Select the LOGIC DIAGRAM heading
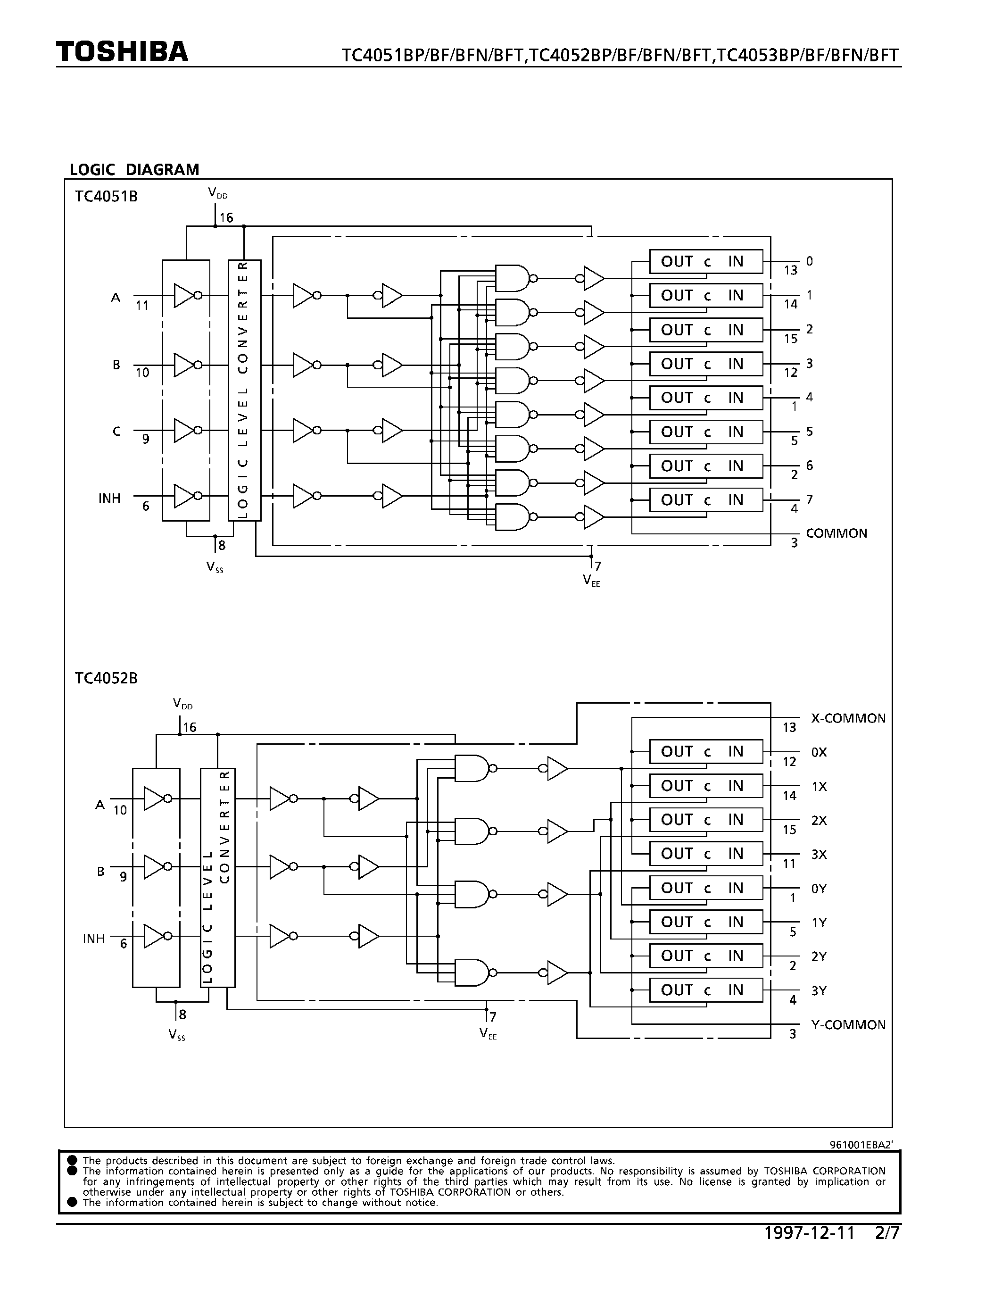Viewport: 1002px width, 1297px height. (134, 170)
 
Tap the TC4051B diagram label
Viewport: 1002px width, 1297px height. (106, 197)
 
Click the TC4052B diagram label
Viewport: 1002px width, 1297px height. (106, 678)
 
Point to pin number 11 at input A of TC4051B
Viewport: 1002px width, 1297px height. (142, 306)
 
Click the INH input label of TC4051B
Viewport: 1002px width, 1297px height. (109, 498)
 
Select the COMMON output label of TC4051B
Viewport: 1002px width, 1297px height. (836, 533)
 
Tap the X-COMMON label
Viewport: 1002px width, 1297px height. (848, 719)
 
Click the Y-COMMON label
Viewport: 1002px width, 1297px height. (848, 1025)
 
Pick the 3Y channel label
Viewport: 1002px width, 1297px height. (819, 990)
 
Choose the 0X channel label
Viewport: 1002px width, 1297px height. (819, 752)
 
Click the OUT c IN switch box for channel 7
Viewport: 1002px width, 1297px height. (705, 500)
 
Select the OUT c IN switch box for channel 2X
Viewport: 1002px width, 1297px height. (705, 820)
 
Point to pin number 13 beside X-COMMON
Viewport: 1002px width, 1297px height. (789, 727)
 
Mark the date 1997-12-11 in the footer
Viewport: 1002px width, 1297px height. (809, 1233)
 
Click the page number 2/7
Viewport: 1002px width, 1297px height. (887, 1233)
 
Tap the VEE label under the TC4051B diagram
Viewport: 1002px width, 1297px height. (591, 580)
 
